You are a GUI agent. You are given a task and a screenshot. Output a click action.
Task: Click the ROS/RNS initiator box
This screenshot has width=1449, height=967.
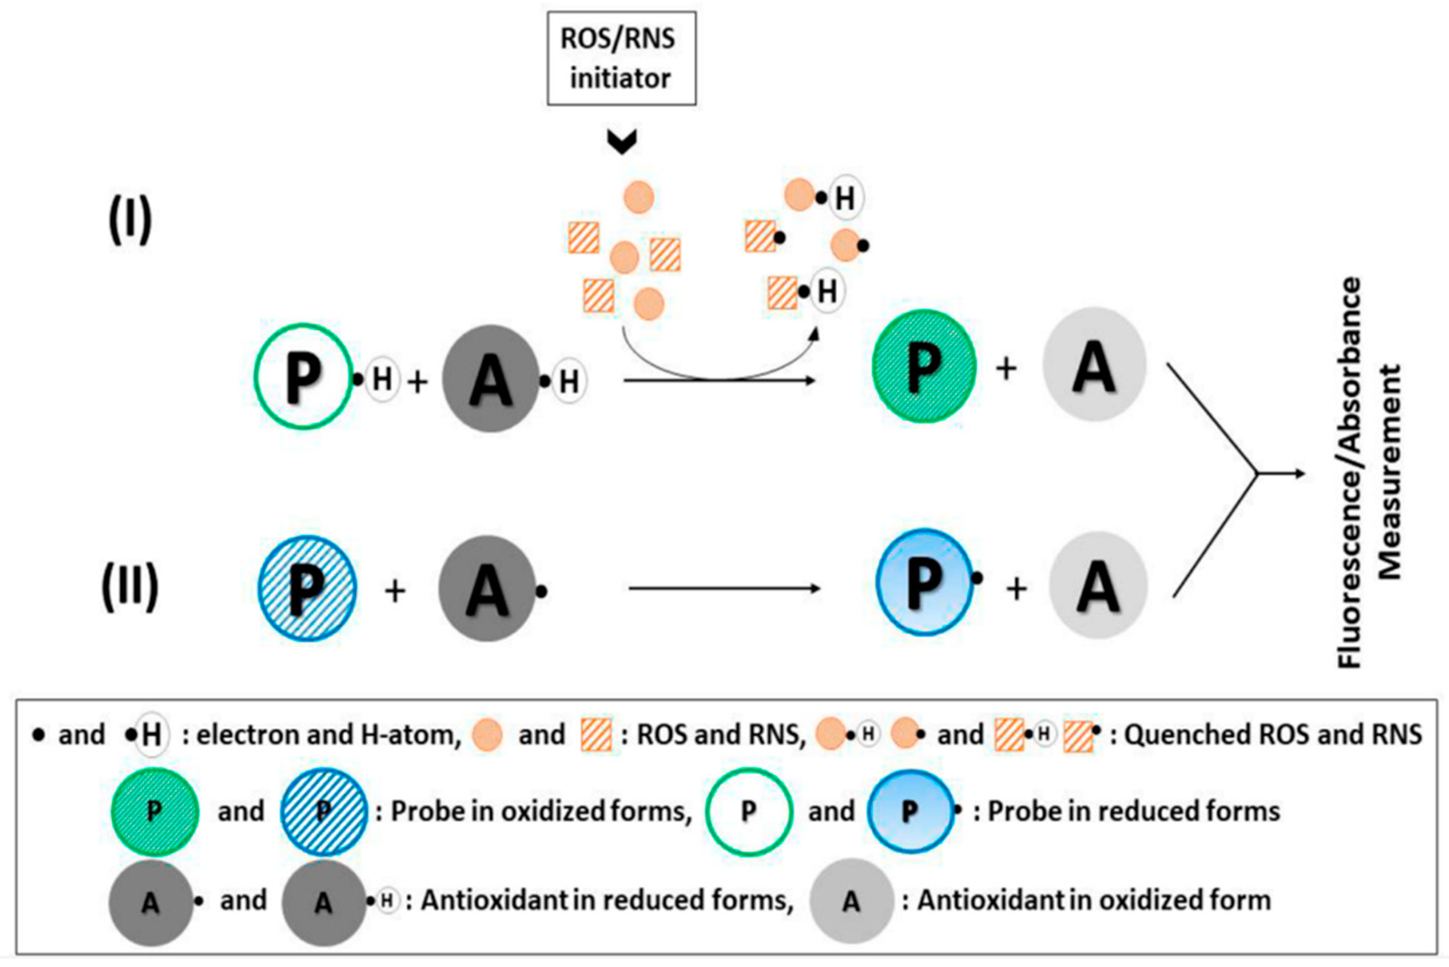coord(621,58)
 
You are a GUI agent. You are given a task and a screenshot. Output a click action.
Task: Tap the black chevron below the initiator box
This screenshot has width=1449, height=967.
coord(621,141)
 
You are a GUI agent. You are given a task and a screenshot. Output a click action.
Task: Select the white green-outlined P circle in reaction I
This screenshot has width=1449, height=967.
coord(303,376)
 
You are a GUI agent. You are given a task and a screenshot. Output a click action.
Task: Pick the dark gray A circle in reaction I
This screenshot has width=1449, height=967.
coord(491,379)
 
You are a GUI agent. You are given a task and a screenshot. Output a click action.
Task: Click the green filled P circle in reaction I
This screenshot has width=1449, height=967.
coord(923,366)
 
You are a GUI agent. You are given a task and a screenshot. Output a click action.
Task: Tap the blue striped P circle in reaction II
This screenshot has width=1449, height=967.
coord(307,588)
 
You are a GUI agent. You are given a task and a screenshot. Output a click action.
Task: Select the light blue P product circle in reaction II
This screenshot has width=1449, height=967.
coord(923,582)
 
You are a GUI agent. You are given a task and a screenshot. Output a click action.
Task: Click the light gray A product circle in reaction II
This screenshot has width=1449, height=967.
coord(1097,585)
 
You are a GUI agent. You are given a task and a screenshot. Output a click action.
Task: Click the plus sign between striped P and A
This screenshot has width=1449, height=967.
coord(395,591)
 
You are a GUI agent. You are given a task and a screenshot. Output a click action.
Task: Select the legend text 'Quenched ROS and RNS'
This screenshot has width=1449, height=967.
coord(1272,734)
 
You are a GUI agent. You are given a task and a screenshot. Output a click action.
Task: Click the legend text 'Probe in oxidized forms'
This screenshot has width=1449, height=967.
coord(540,812)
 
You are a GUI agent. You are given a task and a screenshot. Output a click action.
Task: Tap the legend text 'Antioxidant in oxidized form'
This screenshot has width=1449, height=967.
coord(1094,900)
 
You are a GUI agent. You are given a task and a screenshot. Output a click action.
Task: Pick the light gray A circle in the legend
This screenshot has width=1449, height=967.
coord(851,901)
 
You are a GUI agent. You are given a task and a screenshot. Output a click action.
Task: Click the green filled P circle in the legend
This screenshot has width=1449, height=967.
coord(154,812)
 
